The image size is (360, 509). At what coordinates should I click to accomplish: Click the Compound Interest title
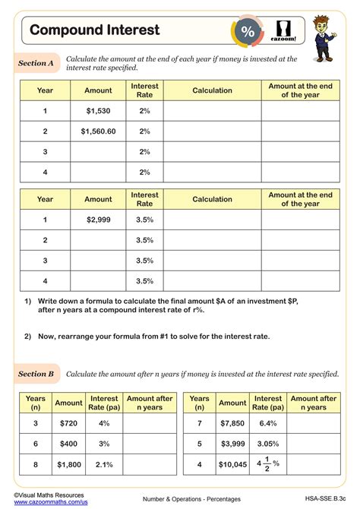pyautogui.click(x=95, y=30)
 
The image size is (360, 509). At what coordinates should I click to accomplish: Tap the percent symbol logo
pyautogui.click(x=248, y=31)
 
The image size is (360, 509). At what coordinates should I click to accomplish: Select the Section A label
pyautogui.click(x=36, y=64)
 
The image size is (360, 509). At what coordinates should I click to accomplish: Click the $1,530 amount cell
pyautogui.click(x=98, y=111)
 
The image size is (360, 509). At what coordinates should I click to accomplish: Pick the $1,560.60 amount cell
pyautogui.click(x=98, y=131)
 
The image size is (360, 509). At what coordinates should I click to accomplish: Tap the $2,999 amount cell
pyautogui.click(x=98, y=220)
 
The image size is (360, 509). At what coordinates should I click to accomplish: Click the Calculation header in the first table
pyautogui.click(x=212, y=90)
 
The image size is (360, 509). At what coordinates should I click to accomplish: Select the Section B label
pyautogui.click(x=36, y=374)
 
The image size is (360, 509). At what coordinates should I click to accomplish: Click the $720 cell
pyautogui.click(x=68, y=422)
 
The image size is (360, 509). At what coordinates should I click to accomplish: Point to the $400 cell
pyautogui.click(x=68, y=443)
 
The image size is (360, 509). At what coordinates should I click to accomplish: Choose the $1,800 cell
pyautogui.click(x=68, y=464)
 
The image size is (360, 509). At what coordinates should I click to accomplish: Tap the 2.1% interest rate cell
pyautogui.click(x=104, y=464)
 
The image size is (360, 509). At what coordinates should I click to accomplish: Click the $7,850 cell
pyautogui.click(x=232, y=422)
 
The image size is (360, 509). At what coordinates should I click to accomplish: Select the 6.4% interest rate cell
pyautogui.click(x=268, y=422)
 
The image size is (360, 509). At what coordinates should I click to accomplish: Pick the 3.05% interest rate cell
pyautogui.click(x=268, y=443)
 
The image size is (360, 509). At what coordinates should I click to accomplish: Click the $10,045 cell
pyautogui.click(x=232, y=464)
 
